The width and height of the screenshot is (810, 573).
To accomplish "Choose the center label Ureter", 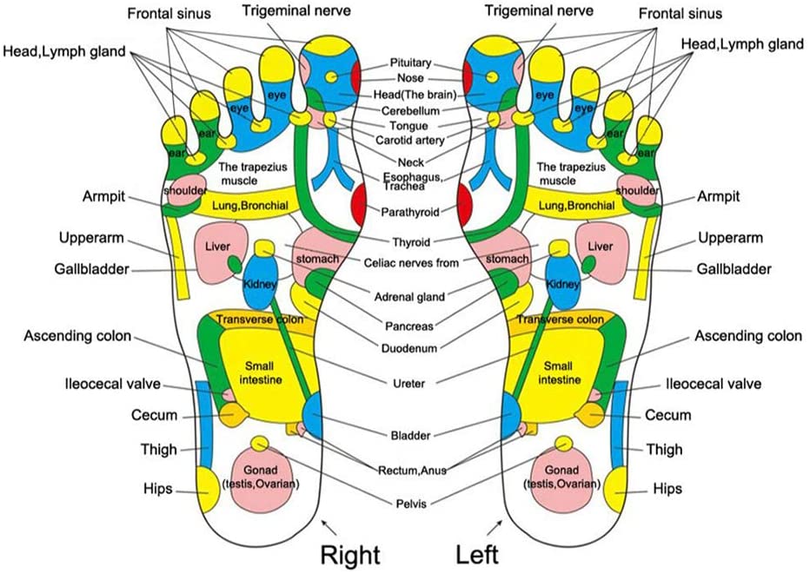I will point(406,382).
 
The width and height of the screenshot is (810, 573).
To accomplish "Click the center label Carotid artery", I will point(406,140).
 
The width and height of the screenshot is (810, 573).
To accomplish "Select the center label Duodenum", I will point(406,348).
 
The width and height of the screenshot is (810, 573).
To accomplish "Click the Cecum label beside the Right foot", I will point(155,416).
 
